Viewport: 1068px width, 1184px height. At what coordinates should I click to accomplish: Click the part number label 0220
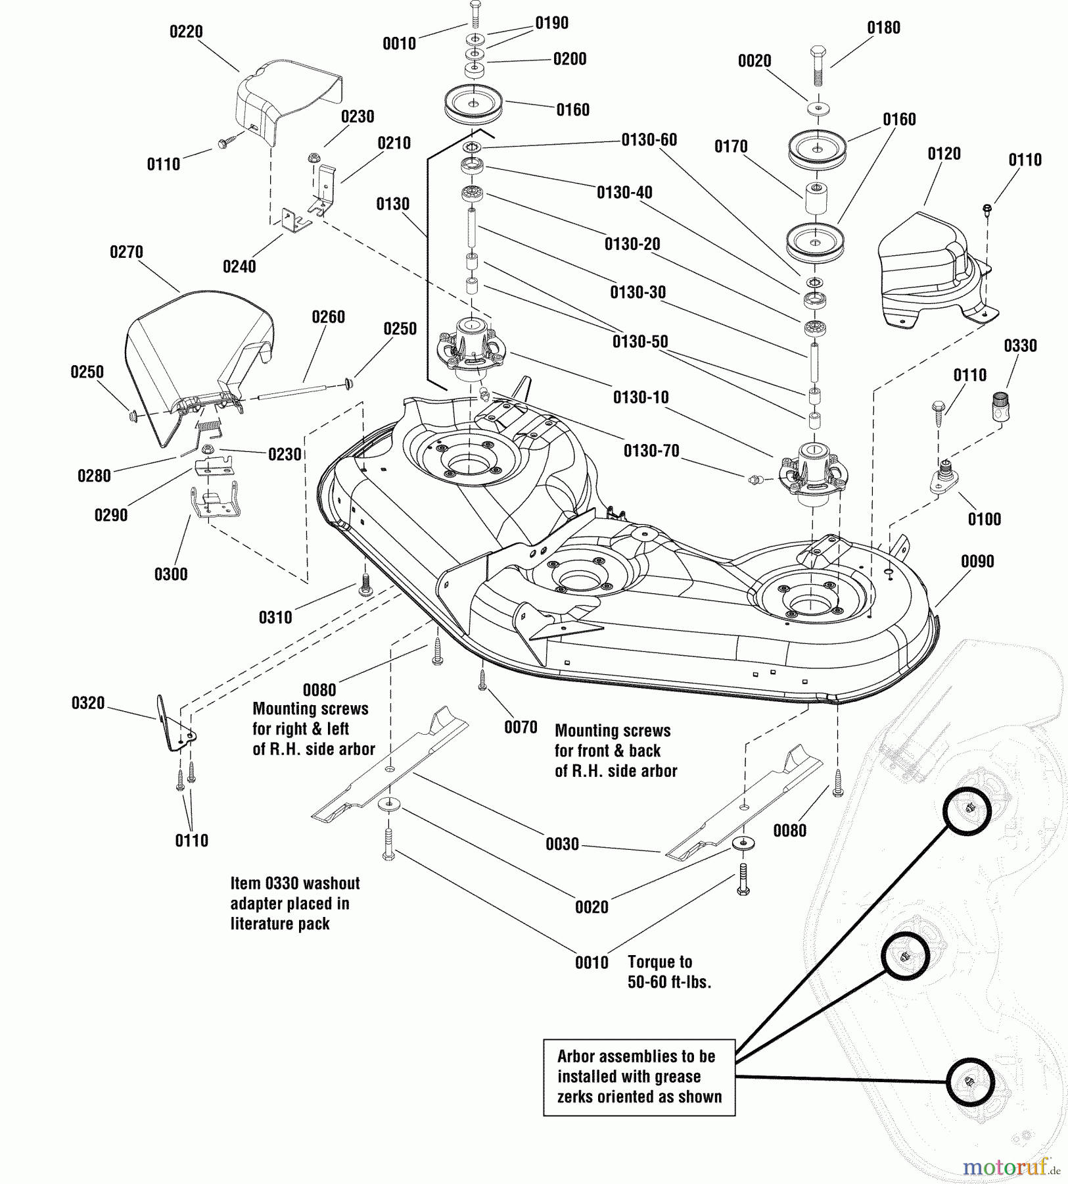pyautogui.click(x=186, y=32)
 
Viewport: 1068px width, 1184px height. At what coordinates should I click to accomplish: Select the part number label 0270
pyautogui.click(x=126, y=252)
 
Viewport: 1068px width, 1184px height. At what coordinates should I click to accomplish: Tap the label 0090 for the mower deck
pyautogui.click(x=977, y=561)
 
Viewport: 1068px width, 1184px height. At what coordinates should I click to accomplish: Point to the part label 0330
pyautogui.click(x=1020, y=345)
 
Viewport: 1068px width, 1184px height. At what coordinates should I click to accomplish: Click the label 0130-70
pyautogui.click(x=651, y=451)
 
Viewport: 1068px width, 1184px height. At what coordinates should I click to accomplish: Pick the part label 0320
pyautogui.click(x=88, y=703)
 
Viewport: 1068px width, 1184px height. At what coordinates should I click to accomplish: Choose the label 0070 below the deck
pyautogui.click(x=521, y=727)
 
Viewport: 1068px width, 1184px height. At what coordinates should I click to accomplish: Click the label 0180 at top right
pyautogui.click(x=883, y=28)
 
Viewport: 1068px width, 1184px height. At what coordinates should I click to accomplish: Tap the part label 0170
pyautogui.click(x=731, y=146)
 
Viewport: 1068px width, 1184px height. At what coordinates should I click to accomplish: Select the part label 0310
pyautogui.click(x=275, y=617)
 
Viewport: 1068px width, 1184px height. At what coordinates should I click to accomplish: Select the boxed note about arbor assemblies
pyautogui.click(x=639, y=1077)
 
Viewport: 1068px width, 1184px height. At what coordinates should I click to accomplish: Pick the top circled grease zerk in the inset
pyautogui.click(x=967, y=810)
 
